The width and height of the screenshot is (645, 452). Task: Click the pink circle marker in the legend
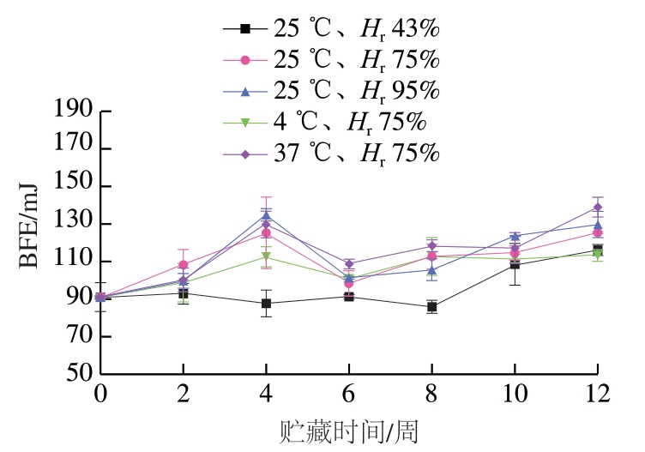tap(244, 60)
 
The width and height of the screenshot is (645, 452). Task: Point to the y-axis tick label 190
tap(72, 111)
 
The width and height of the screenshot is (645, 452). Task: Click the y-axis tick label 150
tap(72, 187)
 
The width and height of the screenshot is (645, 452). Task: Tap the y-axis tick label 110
tap(72, 262)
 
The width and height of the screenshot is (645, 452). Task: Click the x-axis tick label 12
tap(596, 395)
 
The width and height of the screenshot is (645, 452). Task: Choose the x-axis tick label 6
tap(348, 395)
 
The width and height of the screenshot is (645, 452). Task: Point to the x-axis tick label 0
tap(101, 395)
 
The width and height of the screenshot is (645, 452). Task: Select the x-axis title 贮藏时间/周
tap(348, 430)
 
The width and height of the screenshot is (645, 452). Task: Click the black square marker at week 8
tap(431, 306)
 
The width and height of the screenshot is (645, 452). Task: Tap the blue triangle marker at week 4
tap(266, 216)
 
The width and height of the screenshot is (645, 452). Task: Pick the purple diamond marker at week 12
tap(596, 207)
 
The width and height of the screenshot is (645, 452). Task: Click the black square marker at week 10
tap(514, 264)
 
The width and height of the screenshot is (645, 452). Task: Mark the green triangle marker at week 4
tap(266, 256)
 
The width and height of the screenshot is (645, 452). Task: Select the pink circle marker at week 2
tap(184, 264)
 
